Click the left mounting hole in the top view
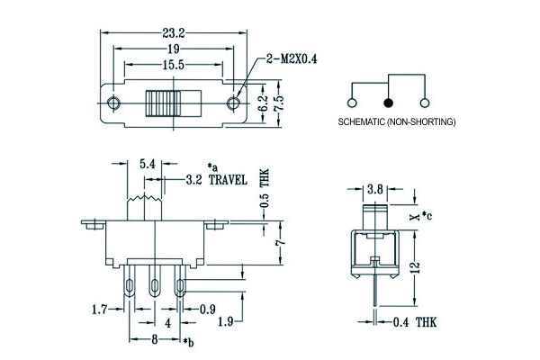[112, 101]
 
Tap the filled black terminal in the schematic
[389, 102]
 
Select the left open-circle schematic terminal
[353, 102]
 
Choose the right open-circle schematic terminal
[425, 102]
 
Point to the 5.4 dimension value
[148, 164]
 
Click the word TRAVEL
[228, 180]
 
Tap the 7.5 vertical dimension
[279, 101]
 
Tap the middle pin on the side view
[155, 287]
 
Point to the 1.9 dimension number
[229, 321]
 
